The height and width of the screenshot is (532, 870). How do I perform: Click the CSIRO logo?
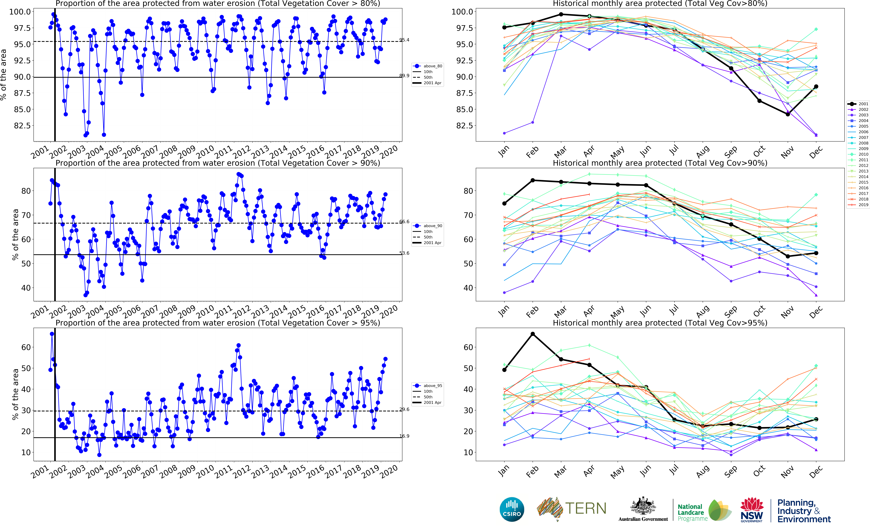(512, 509)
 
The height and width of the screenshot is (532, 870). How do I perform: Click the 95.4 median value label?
(404, 40)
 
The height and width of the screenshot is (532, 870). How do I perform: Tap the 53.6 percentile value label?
(404, 253)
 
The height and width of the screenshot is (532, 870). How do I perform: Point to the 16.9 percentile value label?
(404, 436)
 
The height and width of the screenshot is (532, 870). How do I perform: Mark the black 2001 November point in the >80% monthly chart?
(788, 114)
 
